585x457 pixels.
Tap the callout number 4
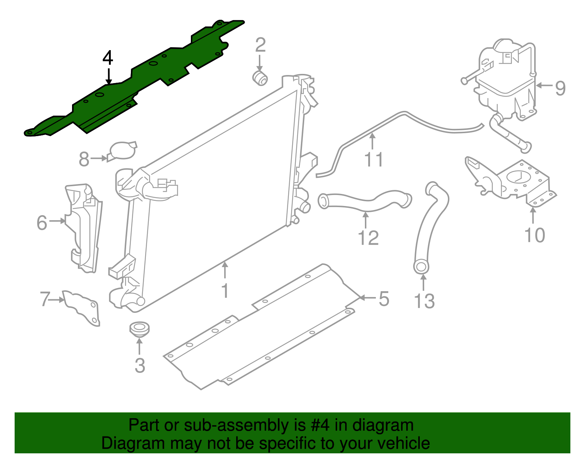[107, 58]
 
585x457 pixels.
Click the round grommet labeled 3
[139, 328]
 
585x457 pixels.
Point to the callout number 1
[225, 291]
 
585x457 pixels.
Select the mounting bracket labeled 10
[519, 181]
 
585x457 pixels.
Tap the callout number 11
[374, 160]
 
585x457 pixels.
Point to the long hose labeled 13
[428, 227]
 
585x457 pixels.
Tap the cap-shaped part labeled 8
[122, 151]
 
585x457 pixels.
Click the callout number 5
[384, 299]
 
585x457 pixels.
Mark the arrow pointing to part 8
[99, 158]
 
